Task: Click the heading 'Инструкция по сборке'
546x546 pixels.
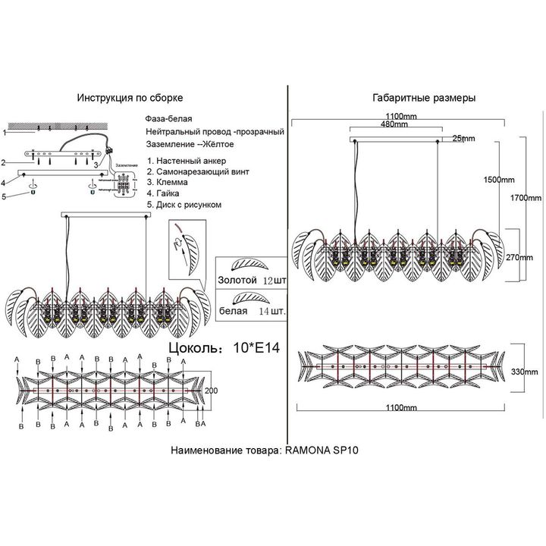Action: tap(130, 99)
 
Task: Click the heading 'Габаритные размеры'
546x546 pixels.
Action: tap(424, 99)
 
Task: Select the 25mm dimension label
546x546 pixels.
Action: tap(463, 138)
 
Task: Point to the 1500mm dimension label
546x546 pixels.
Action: tap(498, 180)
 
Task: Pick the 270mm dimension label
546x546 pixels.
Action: tap(520, 257)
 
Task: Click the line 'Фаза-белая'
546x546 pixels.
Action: tap(168, 120)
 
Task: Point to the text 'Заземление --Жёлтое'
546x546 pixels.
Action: tap(189, 143)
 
